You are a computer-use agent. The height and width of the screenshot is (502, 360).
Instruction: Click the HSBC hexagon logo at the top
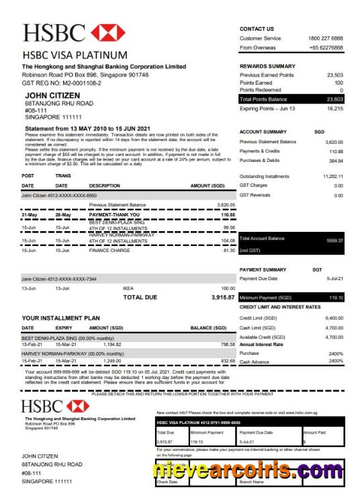click(x=108, y=33)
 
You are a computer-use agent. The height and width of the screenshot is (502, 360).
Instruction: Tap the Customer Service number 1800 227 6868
click(x=326, y=38)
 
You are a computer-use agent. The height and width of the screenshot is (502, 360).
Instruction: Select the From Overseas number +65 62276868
click(x=326, y=48)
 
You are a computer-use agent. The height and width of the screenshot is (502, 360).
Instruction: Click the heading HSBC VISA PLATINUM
click(x=75, y=54)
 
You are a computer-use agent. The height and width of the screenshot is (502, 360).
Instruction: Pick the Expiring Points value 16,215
click(x=332, y=108)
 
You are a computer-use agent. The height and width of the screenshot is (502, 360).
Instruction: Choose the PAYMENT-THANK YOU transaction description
click(x=115, y=215)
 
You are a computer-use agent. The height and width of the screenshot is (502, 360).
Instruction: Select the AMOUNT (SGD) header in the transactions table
click(x=208, y=185)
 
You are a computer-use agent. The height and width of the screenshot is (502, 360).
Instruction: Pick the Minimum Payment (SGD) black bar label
click(x=265, y=297)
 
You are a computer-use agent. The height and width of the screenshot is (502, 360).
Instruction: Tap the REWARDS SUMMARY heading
click(x=267, y=67)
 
